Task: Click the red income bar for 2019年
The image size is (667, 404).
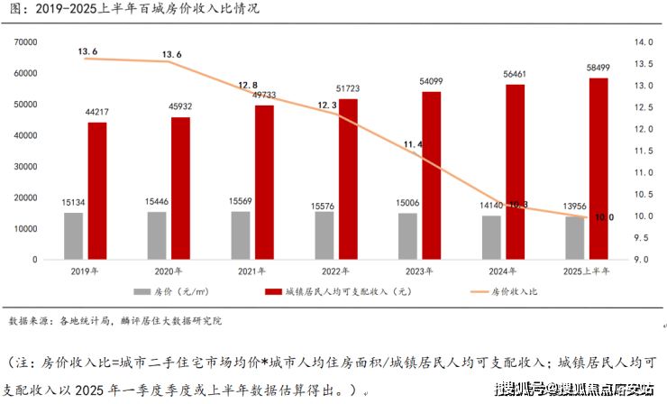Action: click(x=97, y=190)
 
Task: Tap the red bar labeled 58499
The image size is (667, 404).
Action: click(x=599, y=168)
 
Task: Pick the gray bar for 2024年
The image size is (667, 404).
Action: click(x=491, y=237)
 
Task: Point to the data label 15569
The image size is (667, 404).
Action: click(x=241, y=200)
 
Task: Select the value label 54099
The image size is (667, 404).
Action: click(x=432, y=81)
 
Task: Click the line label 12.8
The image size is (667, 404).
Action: click(x=248, y=84)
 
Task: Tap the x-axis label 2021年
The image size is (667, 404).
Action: click(x=251, y=271)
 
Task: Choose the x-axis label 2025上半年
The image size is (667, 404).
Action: click(x=587, y=271)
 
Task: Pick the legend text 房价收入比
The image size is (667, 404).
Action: click(x=513, y=292)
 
